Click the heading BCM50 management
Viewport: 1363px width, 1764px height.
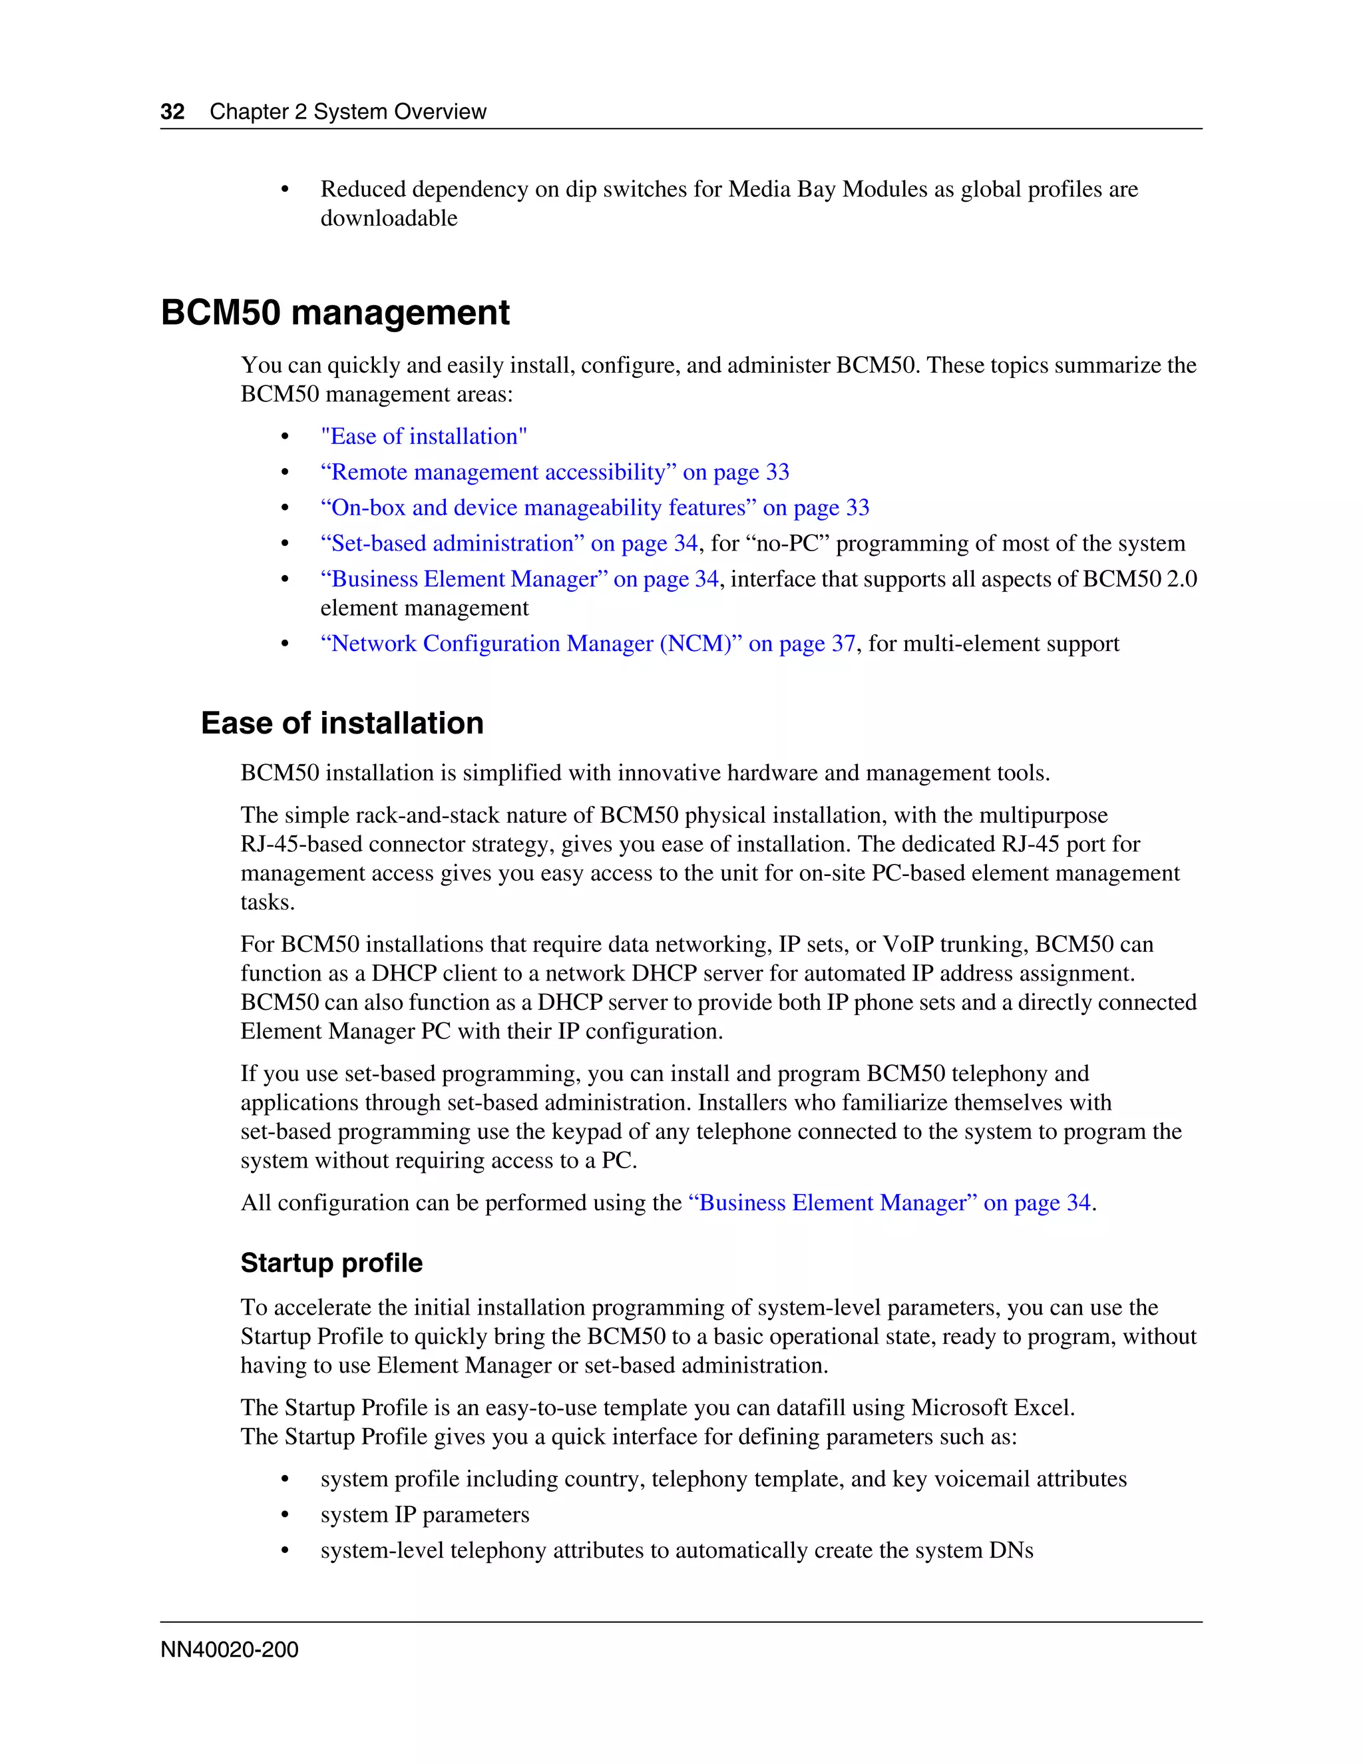click(x=335, y=313)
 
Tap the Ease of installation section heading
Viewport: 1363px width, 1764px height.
click(x=341, y=723)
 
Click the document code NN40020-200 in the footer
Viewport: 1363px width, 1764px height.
click(x=230, y=1650)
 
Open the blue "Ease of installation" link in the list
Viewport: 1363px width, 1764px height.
click(x=423, y=436)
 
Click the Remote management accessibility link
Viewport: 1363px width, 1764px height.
click(x=555, y=472)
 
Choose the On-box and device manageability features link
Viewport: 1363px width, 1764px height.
click(x=594, y=507)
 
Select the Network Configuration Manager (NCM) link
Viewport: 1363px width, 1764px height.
click(x=587, y=643)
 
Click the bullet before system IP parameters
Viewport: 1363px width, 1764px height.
click(x=284, y=1514)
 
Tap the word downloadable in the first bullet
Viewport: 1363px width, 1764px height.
click(x=389, y=218)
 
